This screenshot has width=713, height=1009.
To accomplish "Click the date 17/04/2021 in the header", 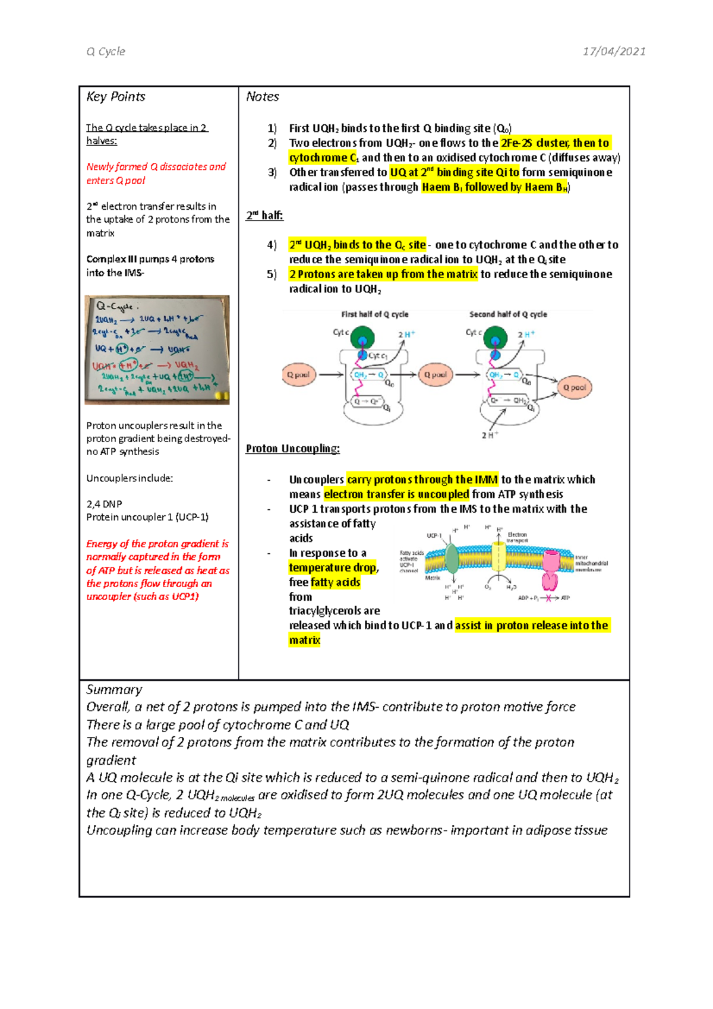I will [614, 51].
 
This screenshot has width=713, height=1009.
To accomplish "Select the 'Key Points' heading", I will [116, 96].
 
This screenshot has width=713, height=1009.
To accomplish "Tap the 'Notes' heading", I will [262, 96].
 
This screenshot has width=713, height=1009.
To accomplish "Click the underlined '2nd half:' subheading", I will [264, 215].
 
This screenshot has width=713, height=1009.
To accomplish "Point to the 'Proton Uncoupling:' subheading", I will [292, 449].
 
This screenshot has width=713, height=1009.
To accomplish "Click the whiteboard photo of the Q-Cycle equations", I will [157, 349].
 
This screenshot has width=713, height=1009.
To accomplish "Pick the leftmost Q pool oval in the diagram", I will [298, 375].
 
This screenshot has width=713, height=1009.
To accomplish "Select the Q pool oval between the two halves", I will [435, 375].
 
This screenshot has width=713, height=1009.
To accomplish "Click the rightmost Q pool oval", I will [574, 387].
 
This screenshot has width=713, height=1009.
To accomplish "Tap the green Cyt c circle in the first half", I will [362, 338].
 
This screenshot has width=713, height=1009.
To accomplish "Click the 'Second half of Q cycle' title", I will [508, 314].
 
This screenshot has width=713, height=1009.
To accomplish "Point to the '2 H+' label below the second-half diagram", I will [490, 436].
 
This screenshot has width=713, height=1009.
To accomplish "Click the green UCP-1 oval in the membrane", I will [452, 559].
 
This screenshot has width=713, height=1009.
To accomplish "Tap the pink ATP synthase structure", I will [551, 569].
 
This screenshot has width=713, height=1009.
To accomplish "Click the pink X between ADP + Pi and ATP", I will [548, 598].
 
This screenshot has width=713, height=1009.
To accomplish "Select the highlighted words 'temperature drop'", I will [332, 567].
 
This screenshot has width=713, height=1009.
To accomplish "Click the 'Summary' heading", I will [114, 689].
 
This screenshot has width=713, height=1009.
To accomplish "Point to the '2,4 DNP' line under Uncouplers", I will [104, 504].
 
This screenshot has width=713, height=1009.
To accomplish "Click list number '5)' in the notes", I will [272, 274].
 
